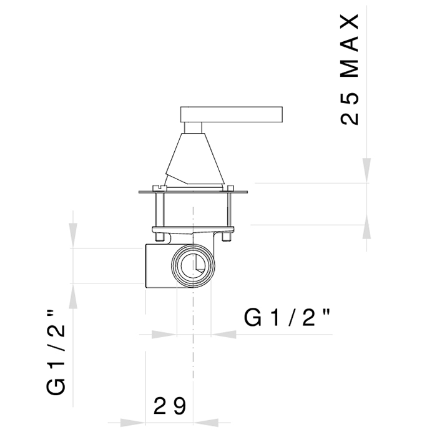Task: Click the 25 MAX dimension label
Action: tap(350, 70)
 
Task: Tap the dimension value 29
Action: tap(170, 406)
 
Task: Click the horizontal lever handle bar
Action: tap(232, 114)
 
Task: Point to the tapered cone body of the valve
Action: tap(195, 159)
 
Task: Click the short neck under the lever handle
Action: tap(193, 127)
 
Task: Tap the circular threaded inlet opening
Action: tap(193, 265)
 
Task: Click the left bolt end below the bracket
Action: tap(159, 237)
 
